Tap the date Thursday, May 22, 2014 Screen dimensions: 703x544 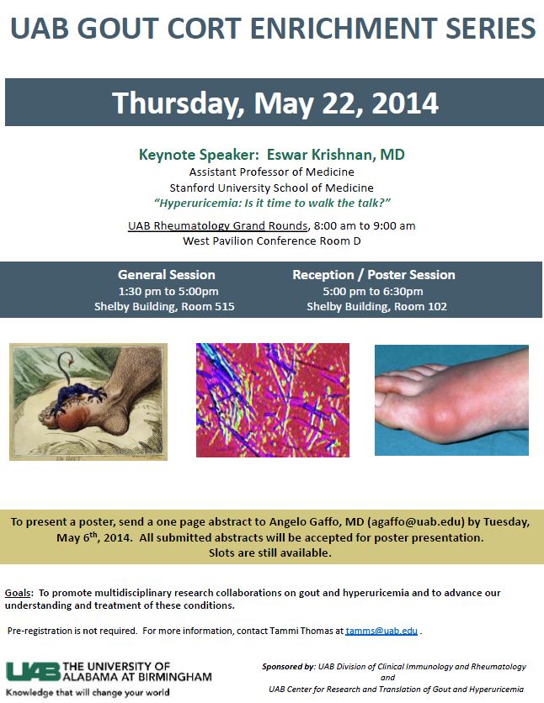[x=275, y=103]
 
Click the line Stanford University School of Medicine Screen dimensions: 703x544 [x=271, y=188]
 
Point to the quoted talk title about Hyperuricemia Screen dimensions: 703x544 [x=273, y=203]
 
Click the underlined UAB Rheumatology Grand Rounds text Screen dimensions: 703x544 [x=218, y=225]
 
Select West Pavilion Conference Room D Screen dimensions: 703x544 [x=271, y=240]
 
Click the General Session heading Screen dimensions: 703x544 [x=166, y=275]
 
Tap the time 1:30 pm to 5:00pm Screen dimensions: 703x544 [x=166, y=291]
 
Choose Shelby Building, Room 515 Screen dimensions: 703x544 [x=166, y=307]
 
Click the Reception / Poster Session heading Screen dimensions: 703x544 [x=373, y=275]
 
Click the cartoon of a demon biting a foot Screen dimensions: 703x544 [x=88, y=402]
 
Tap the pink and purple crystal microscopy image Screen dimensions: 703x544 [x=272, y=399]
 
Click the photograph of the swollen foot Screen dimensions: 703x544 [x=451, y=399]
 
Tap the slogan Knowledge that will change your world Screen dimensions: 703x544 [x=88, y=692]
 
